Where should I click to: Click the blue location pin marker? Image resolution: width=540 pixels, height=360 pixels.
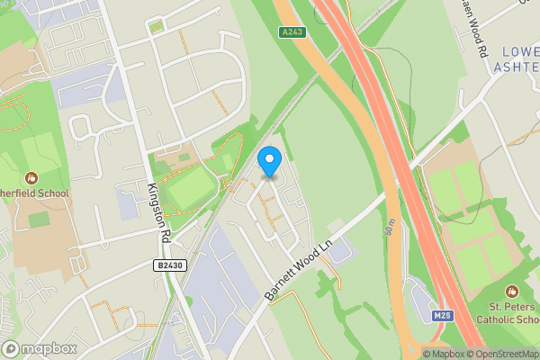pos(269,161)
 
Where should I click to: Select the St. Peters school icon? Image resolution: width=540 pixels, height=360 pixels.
pos(512,291)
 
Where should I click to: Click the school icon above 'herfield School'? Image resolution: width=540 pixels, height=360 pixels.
pos(31,178)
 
